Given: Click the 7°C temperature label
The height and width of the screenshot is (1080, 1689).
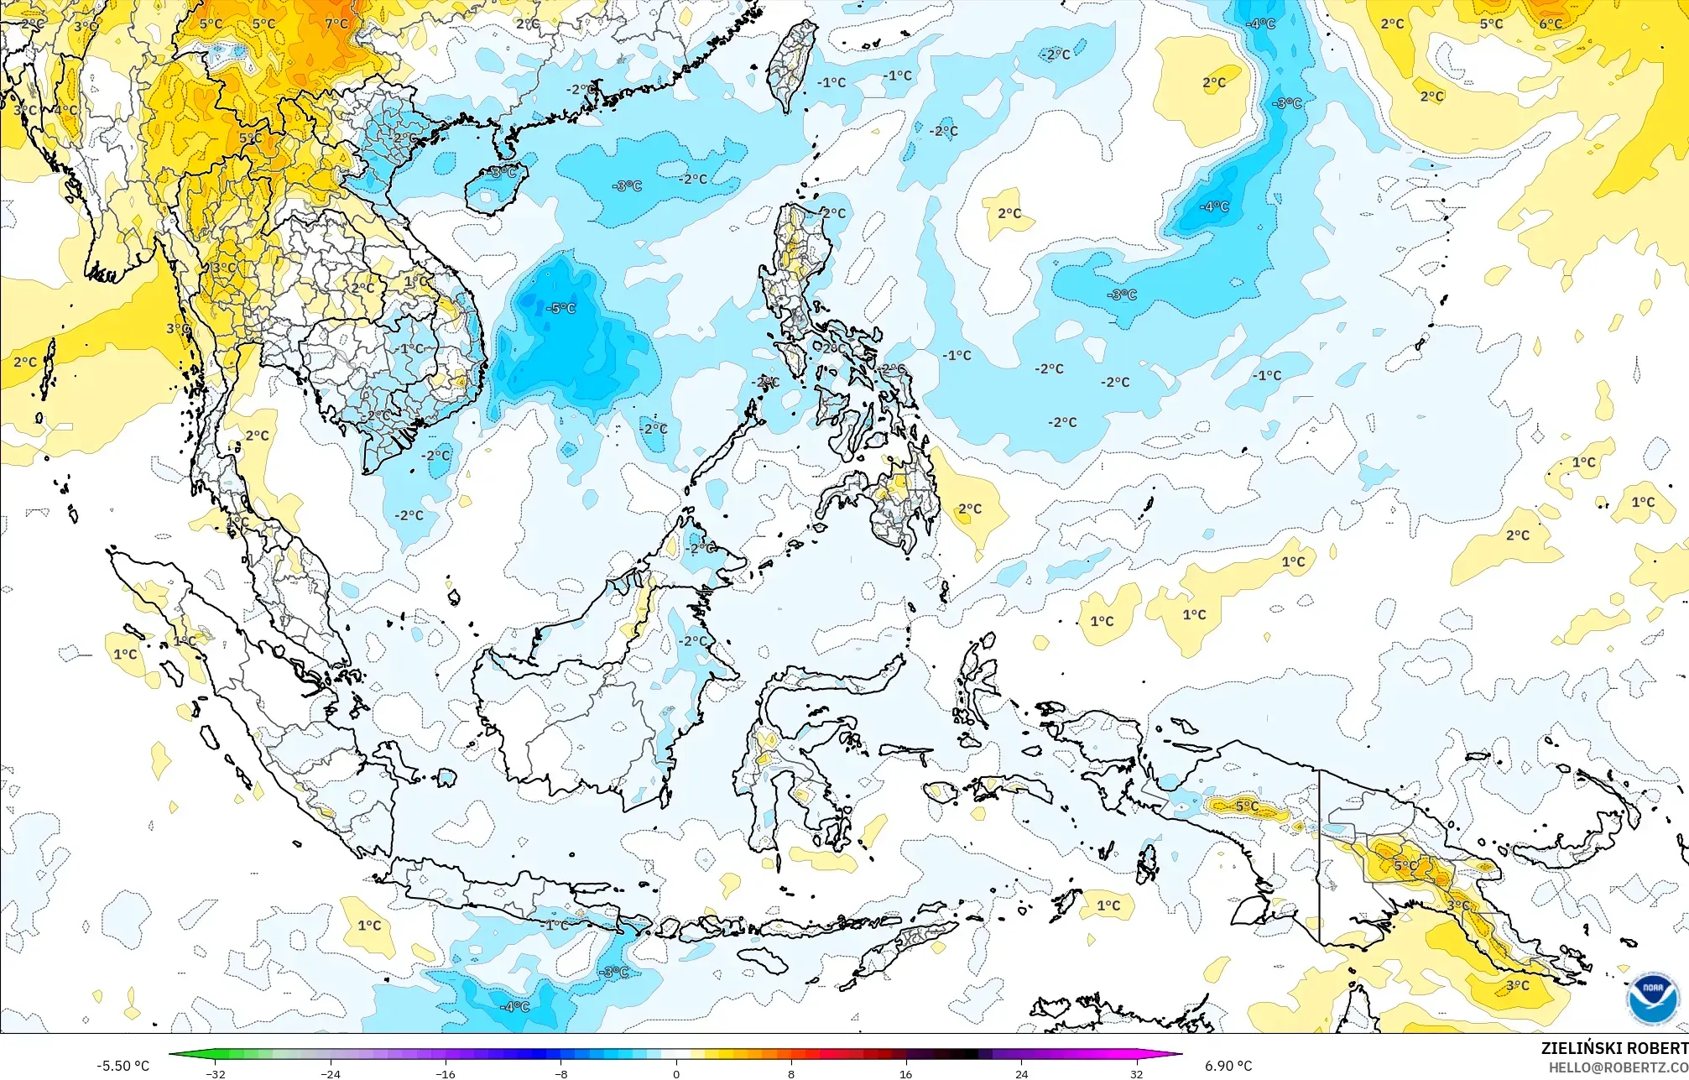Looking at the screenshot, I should point(336,23).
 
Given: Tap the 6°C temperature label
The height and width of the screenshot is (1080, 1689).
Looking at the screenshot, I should point(1551,23).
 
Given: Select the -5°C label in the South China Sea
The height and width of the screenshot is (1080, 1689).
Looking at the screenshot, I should point(561,308).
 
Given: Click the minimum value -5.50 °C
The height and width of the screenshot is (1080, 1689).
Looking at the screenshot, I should point(123,1066).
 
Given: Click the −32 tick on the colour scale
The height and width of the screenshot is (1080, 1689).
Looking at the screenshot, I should point(216,1073).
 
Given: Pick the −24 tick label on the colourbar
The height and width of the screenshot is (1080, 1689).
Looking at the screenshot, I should point(331,1073).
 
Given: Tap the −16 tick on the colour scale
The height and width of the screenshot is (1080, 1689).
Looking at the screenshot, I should point(446,1073).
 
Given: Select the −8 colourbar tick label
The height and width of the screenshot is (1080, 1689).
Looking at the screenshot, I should point(561,1073).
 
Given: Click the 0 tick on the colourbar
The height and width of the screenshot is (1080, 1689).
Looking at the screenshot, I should point(676,1073).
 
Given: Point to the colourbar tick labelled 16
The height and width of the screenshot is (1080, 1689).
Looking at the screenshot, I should point(906,1073).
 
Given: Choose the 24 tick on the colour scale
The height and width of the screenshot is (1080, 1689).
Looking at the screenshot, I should point(1021,1073).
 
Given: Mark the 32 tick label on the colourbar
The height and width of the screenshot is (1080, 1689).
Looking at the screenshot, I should point(1136,1073).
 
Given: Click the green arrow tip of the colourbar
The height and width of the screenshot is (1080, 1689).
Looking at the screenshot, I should point(173,1055).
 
